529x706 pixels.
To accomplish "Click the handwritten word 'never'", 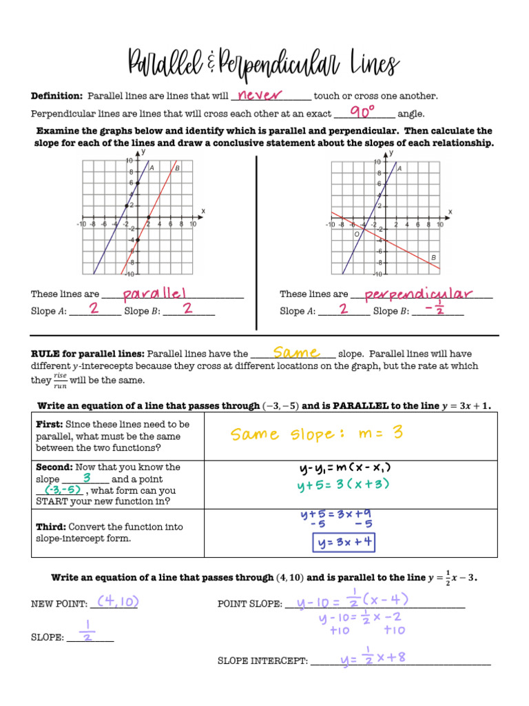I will (260, 95).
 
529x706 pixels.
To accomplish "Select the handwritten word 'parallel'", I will (155, 294).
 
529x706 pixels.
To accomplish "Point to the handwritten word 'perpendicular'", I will (418, 294).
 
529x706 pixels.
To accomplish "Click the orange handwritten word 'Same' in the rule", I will (296, 352).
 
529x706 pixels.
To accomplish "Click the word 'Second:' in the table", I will (54, 467).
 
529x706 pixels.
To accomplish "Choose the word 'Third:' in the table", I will (50, 527).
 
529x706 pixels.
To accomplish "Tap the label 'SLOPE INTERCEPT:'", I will (262, 660).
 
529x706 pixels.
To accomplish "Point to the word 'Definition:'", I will (56, 96).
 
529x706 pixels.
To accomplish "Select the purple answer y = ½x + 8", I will (373, 658).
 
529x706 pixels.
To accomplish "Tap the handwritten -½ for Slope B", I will (435, 310).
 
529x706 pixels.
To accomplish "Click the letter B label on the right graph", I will (434, 257).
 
